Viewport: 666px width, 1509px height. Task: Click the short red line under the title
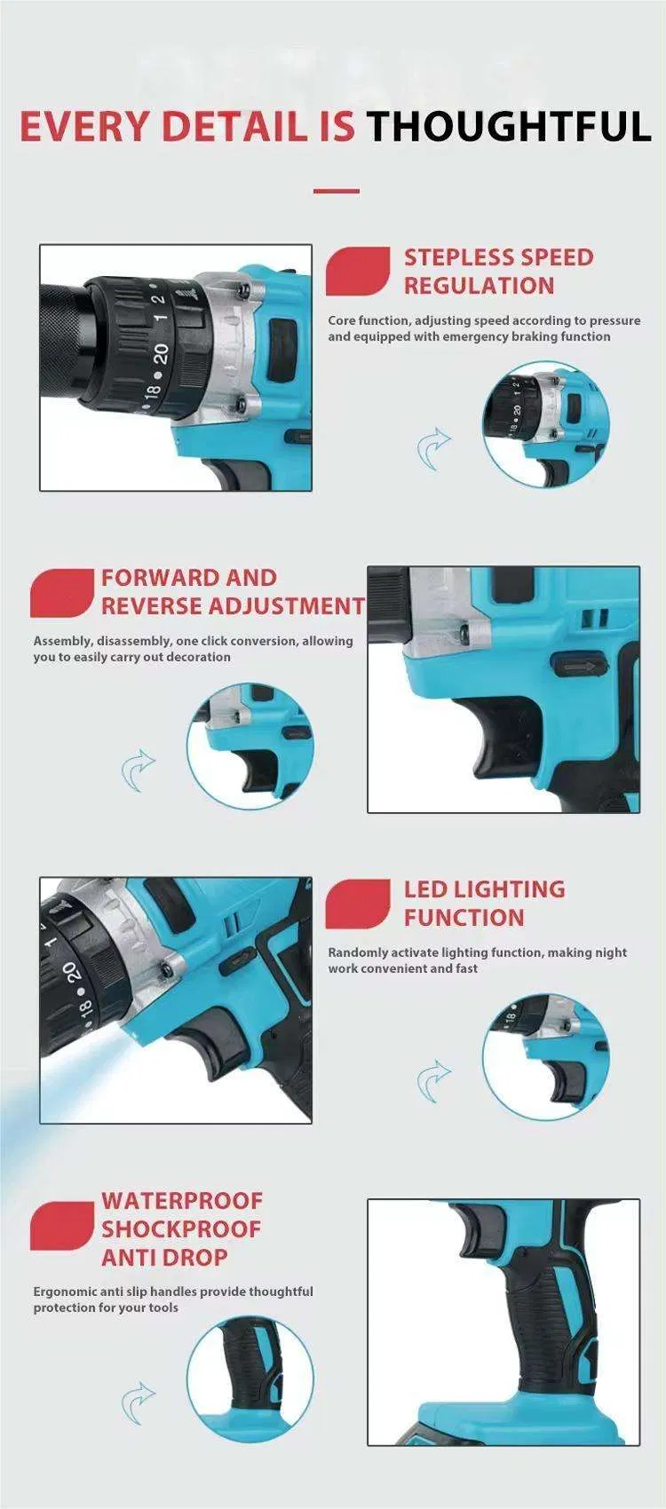pos(337,192)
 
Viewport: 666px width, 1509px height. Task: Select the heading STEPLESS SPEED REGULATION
pos(498,271)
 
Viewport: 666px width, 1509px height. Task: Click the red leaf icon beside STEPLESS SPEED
pos(358,271)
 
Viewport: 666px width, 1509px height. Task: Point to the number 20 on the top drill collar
pos(161,351)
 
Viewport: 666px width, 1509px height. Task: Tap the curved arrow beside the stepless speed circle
pos(433,448)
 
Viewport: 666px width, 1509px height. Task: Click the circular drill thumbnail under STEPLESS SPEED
pos(545,424)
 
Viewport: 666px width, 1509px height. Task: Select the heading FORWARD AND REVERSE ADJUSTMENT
pos(233,591)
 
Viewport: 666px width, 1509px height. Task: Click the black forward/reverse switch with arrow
pos(578,666)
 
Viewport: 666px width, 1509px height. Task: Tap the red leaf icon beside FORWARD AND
pos(62,593)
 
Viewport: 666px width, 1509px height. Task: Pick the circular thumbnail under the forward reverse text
pos(250,747)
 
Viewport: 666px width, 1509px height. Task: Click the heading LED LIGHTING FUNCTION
pos(484,904)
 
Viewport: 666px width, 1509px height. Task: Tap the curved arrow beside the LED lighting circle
pos(433,1081)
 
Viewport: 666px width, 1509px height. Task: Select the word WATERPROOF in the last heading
pos(182,1200)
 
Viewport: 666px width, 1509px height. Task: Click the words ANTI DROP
pos(164,1257)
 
